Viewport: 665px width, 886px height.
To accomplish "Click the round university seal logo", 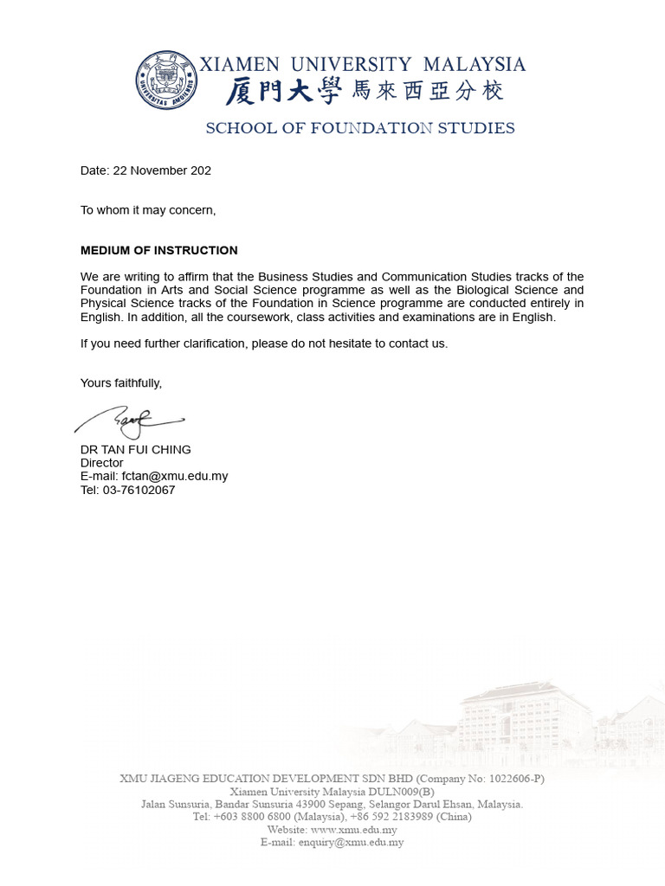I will [x=166, y=80].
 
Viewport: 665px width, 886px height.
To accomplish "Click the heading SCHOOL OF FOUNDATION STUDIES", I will [x=359, y=128].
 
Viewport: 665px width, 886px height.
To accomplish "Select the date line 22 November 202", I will [x=145, y=170].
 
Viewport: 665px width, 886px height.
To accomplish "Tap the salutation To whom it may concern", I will [x=148, y=210].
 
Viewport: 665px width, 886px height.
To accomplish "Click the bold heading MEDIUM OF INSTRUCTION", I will [x=158, y=251].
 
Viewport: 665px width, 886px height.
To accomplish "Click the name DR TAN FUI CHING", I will [x=136, y=450].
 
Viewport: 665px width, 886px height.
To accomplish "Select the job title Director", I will [x=102, y=463].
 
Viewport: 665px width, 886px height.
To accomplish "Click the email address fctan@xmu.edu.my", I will [x=175, y=476].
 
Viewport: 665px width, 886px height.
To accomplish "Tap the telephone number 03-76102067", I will [x=139, y=490].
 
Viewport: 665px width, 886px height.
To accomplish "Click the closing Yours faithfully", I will [x=121, y=382].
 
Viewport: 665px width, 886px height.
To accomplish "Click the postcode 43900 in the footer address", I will [x=311, y=804].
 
